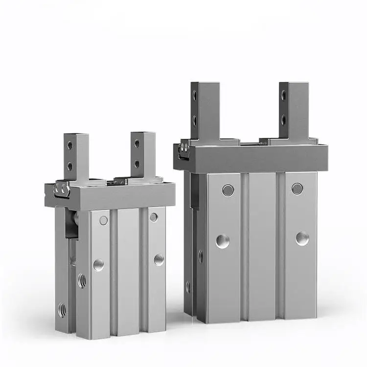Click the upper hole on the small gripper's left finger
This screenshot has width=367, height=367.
69,145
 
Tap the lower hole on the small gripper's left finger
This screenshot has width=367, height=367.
69,166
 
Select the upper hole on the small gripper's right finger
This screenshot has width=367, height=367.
137,143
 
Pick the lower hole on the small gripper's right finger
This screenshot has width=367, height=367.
137,164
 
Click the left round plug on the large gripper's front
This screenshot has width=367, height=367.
228,190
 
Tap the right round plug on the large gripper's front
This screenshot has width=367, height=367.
297,188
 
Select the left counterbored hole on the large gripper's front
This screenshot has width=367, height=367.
223,241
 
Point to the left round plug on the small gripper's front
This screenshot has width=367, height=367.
104,220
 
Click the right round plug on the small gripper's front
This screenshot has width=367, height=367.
154,217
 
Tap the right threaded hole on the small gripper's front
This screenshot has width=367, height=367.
159,259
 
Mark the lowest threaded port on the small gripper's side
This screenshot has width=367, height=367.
63,310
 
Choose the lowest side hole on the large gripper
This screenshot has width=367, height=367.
188,287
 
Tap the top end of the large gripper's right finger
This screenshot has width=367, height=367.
293,86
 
